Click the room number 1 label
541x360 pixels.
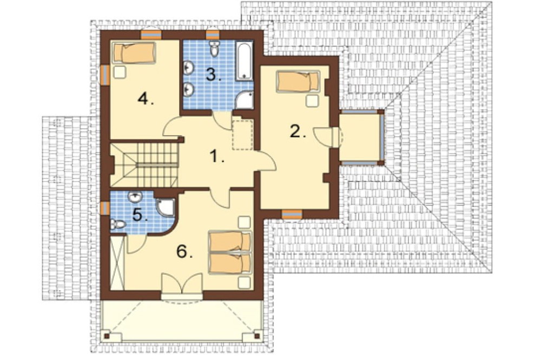tap(217, 157)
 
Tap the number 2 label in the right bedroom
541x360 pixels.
tap(298, 131)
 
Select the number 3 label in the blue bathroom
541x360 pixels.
tap(214, 75)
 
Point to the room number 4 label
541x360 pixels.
tap(146, 99)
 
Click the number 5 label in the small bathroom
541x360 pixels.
tap(140, 215)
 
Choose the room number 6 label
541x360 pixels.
tap(184, 251)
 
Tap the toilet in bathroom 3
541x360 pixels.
tap(215, 49)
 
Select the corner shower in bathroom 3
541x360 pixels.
tap(245, 100)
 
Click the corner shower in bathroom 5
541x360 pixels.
tap(166, 206)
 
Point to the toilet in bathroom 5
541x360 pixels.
tap(117, 224)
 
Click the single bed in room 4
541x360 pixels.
tap(134, 53)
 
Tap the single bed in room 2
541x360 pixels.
tap(298, 82)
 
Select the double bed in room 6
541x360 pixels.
tap(230, 253)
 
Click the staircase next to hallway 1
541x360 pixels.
tap(144, 165)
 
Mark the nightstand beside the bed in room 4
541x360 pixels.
tap(120, 72)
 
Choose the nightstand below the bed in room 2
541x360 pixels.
tap(312, 101)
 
